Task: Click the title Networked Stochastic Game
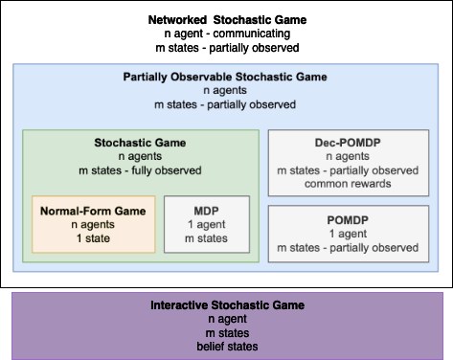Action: pos(226,19)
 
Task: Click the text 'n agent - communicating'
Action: pos(226,34)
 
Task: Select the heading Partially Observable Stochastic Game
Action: pos(226,77)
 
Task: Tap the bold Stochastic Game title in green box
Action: pos(141,143)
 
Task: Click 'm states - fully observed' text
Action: pos(141,170)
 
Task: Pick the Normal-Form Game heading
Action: pos(92,209)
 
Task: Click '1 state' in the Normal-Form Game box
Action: pos(92,236)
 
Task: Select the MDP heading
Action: pos(207,209)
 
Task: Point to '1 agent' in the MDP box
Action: pos(207,223)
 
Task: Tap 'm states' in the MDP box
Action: pos(207,236)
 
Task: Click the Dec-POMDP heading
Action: pos(348,143)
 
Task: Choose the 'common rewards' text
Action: pos(348,185)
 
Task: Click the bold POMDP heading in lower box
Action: pos(348,219)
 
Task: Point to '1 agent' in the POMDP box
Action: pos(348,234)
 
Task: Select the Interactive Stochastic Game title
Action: pos(227,305)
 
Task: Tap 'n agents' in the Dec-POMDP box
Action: pos(348,157)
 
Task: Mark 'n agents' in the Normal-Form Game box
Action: pos(92,223)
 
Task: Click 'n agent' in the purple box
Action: pos(227,320)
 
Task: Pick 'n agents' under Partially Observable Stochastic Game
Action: pos(226,91)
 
